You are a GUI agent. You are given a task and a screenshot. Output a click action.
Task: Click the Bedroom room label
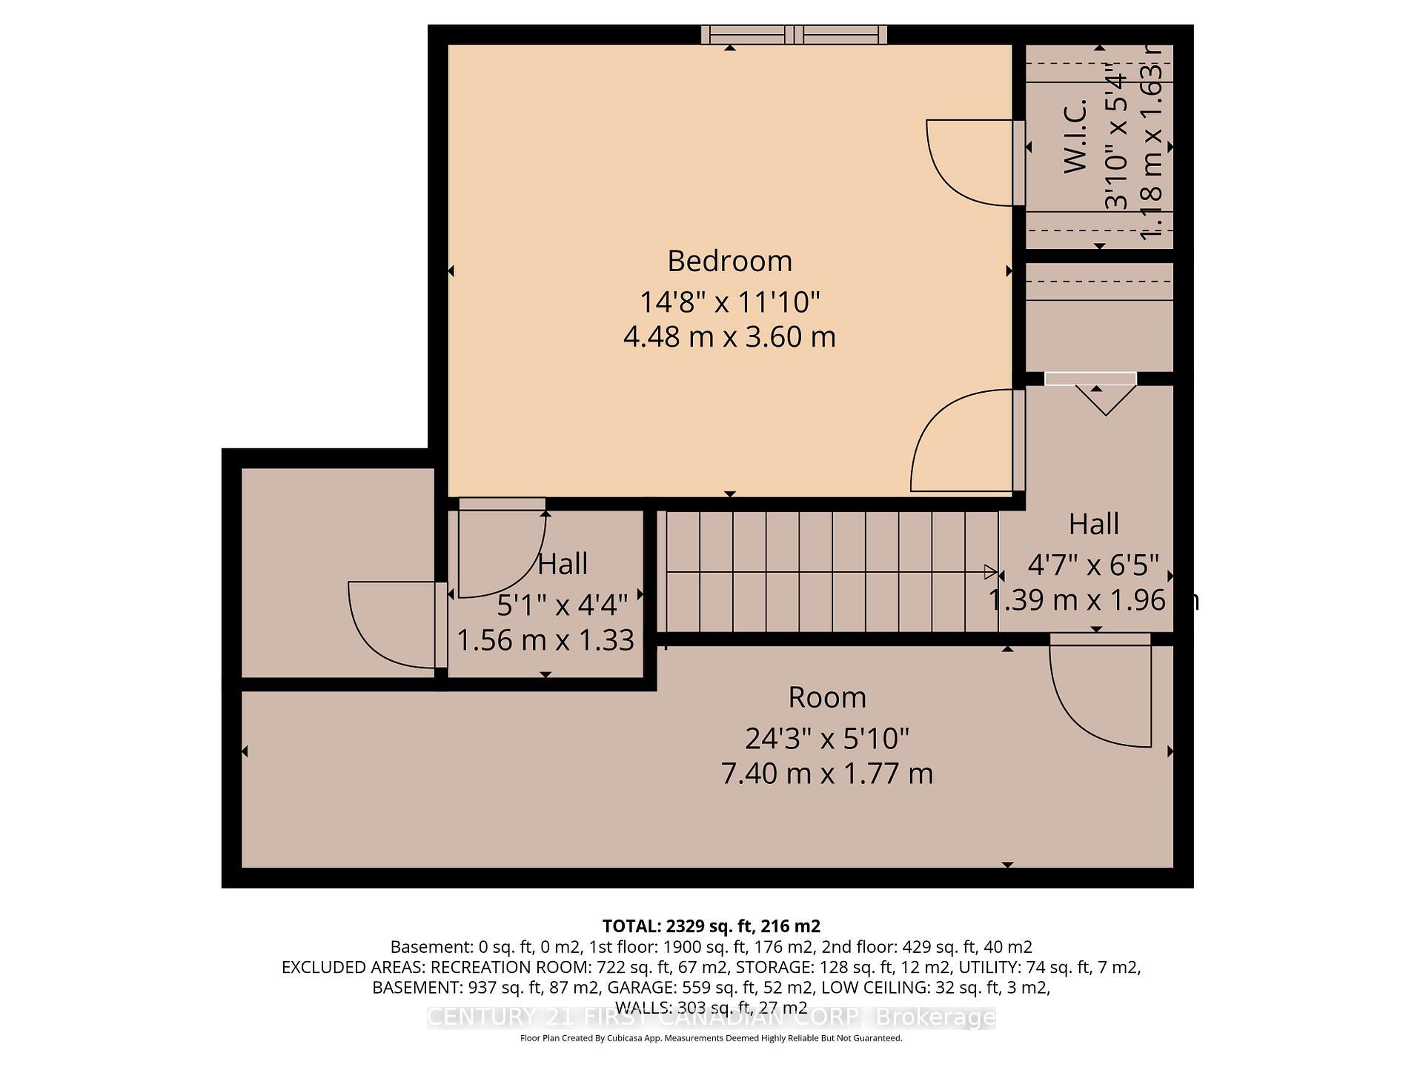pos(729,261)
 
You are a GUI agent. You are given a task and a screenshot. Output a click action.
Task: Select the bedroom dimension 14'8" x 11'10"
pos(729,302)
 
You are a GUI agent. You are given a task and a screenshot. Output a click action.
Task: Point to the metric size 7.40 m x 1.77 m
pos(826,774)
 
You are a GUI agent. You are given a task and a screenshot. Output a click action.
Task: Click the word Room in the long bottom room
pos(826,697)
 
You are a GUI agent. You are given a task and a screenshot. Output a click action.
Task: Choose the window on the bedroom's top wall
pos(794,34)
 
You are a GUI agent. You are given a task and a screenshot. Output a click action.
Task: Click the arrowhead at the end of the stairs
pos(990,571)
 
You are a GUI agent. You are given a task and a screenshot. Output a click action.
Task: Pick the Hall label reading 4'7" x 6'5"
pos(1093,565)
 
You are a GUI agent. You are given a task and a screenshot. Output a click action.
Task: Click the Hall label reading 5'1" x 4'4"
pos(562,605)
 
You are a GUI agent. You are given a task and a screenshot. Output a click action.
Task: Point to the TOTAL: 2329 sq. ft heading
pos(711,925)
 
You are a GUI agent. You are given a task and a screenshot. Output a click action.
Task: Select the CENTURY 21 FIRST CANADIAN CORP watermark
pos(711,1017)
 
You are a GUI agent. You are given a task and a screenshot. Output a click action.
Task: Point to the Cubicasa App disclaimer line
pos(711,1038)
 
